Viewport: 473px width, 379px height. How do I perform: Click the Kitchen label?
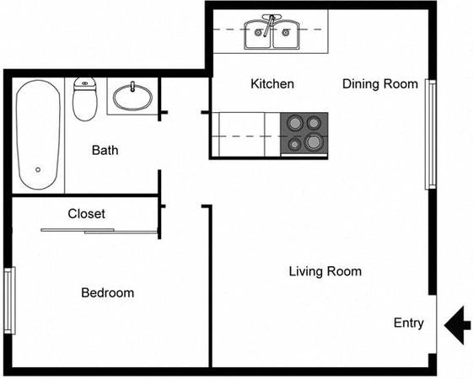(272, 83)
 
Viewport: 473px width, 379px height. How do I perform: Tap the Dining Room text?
(380, 83)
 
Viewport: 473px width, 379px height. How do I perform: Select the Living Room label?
(325, 271)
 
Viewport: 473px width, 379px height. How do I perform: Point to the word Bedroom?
(108, 293)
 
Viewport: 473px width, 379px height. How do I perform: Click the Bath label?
(105, 150)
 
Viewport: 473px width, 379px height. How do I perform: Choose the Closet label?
(87, 214)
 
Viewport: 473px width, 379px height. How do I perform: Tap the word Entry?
(408, 323)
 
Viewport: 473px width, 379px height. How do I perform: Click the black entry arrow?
(457, 325)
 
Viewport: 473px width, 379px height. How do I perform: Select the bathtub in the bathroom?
(38, 135)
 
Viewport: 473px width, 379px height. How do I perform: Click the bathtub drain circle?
(38, 170)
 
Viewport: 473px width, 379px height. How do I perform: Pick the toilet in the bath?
(85, 99)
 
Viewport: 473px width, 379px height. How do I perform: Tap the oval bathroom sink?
(132, 97)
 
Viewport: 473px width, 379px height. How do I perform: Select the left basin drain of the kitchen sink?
(258, 32)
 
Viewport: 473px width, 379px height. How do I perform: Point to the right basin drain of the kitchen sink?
(285, 32)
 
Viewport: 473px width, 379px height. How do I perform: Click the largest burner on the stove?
(314, 141)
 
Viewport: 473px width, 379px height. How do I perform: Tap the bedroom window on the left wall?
(10, 301)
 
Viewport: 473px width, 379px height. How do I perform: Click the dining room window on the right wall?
(431, 135)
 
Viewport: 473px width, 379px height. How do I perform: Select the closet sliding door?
(99, 231)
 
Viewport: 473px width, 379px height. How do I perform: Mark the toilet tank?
(85, 83)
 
